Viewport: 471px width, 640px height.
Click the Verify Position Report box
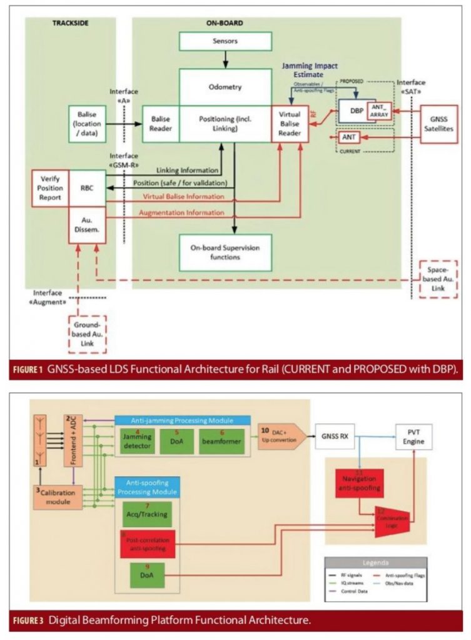[51, 188]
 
